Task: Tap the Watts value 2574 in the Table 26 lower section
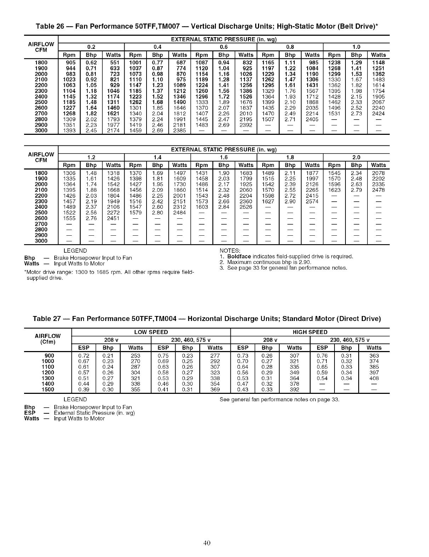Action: (312, 201)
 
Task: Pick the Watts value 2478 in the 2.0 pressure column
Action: (378, 190)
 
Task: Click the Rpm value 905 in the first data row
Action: (69, 63)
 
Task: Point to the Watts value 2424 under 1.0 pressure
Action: (378, 114)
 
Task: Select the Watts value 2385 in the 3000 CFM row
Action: (179, 131)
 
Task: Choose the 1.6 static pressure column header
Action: (224, 157)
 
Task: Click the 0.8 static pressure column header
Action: (290, 47)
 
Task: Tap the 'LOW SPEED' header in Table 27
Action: (151, 332)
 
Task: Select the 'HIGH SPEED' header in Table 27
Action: (310, 332)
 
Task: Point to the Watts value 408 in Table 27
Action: (374, 378)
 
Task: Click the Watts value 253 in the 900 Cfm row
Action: (136, 355)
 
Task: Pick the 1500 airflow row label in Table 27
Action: (48, 389)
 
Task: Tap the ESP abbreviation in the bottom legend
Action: (29, 413)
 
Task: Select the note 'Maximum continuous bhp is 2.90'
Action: (269, 262)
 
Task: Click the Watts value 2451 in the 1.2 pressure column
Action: (113, 218)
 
